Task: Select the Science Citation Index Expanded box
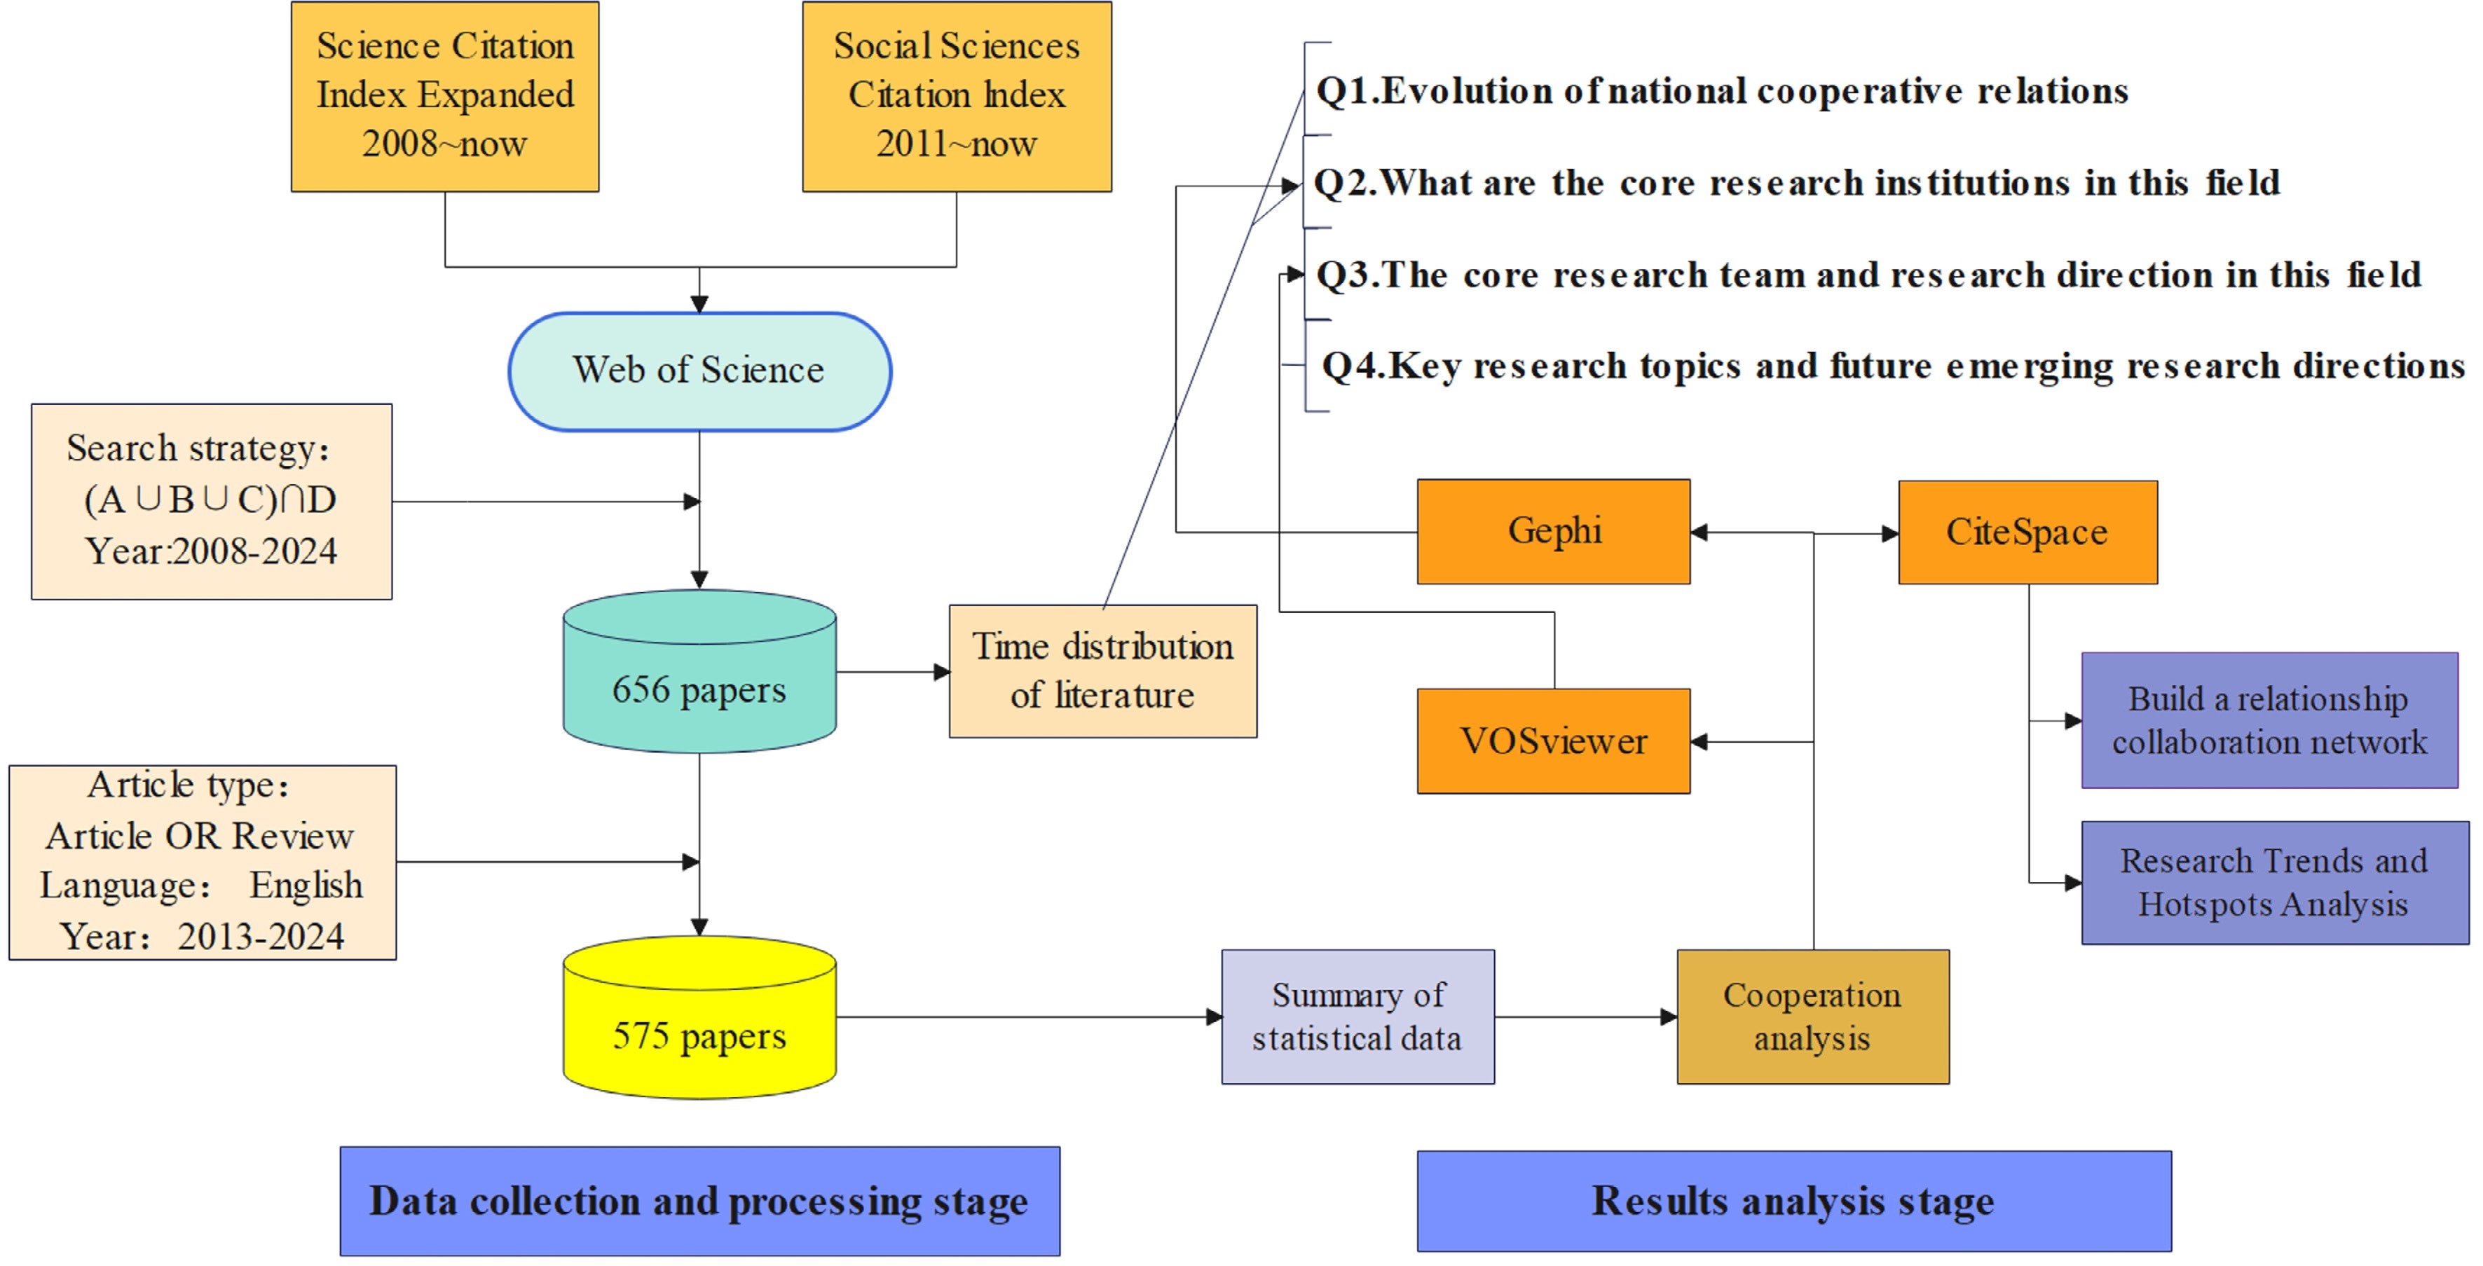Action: tap(444, 97)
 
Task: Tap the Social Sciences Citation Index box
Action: tap(956, 97)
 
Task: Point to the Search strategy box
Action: tap(211, 501)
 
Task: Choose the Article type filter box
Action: tap(203, 862)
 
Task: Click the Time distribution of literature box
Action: tap(1102, 672)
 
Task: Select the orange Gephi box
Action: tap(1553, 531)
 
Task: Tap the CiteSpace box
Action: tap(2027, 532)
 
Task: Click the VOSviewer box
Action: tap(1553, 741)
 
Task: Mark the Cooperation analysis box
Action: tap(1812, 1017)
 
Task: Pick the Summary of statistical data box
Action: tap(1357, 1017)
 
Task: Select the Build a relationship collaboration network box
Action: tap(2269, 720)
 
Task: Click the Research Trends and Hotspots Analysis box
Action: tap(2274, 883)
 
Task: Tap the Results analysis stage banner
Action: tap(1793, 1200)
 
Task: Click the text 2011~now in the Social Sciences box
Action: tap(956, 144)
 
